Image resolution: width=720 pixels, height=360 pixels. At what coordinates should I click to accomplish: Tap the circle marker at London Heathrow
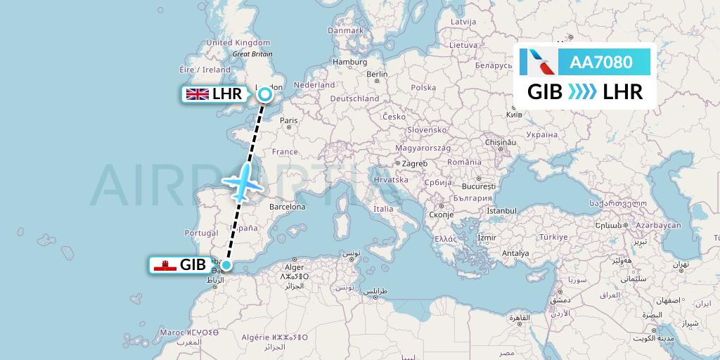tap(266, 94)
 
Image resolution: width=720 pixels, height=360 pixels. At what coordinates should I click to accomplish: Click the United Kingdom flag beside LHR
tap(196, 94)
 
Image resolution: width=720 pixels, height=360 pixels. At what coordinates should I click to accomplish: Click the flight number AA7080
tap(600, 63)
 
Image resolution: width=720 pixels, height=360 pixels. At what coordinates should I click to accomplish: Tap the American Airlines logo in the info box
tap(538, 63)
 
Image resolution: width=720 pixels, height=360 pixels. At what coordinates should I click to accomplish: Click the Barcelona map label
tap(287, 207)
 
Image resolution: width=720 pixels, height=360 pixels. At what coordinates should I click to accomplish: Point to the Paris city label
tap(289, 120)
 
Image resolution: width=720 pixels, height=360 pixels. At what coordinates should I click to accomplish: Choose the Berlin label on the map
tap(377, 74)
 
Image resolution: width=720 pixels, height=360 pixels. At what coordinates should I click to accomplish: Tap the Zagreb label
tap(415, 163)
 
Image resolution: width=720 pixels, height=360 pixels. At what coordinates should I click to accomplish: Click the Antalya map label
tap(515, 253)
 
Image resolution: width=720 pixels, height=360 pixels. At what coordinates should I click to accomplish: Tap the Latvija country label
tap(464, 22)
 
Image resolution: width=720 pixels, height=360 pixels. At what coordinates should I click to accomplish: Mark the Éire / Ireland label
tap(205, 70)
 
